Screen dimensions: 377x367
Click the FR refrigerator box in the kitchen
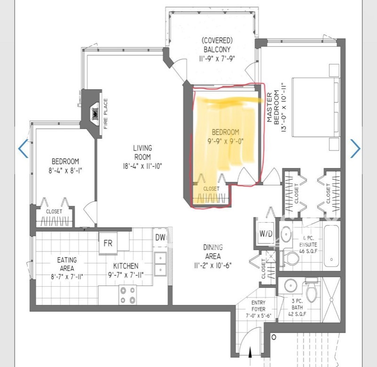[x=108, y=243]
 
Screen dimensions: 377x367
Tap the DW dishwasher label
[x=160, y=238]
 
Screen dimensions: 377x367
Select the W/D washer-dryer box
[x=266, y=233]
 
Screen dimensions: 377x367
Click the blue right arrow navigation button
[x=355, y=149]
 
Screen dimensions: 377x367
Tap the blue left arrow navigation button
[x=23, y=149]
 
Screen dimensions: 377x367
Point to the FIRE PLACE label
[x=105, y=114]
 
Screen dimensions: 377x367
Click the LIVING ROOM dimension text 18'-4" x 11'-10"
[x=143, y=166]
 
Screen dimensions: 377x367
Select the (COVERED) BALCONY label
[x=217, y=45]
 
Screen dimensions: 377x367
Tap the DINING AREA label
[x=213, y=251]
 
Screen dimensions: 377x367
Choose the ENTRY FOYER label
[x=258, y=306]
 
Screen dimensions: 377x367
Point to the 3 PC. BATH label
[x=297, y=304]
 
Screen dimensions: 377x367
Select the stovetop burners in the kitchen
[x=128, y=295]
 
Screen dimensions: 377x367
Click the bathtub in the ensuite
[x=332, y=245]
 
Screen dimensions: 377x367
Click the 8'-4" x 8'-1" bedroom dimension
[x=66, y=171]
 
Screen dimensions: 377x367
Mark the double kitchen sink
[x=160, y=264]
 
